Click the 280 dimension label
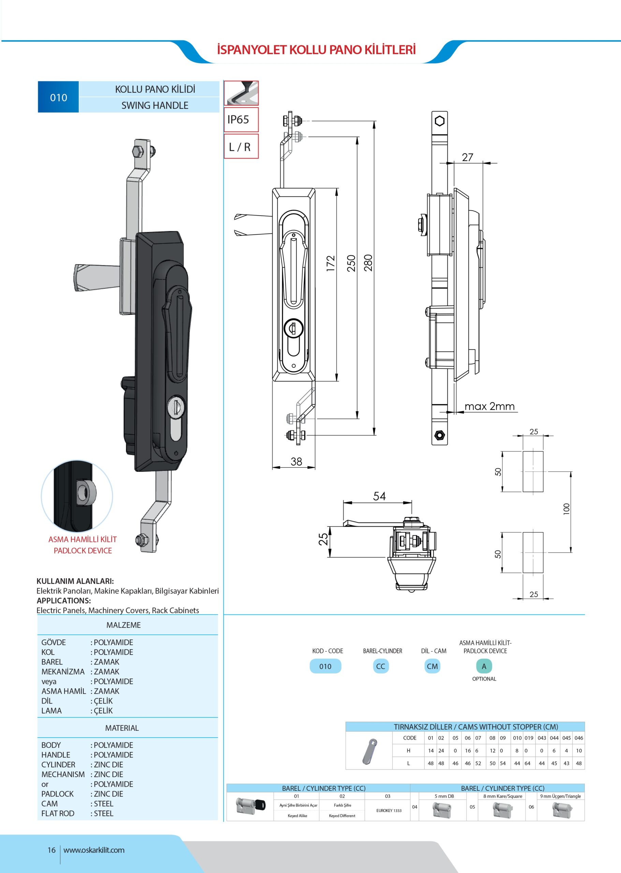(x=368, y=263)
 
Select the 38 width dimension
(x=296, y=461)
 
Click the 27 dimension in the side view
(x=467, y=157)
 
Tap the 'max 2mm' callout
(x=489, y=406)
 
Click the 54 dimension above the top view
(x=379, y=496)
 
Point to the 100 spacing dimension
(x=566, y=508)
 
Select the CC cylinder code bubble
(x=381, y=666)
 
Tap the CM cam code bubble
(x=432, y=666)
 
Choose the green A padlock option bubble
(x=484, y=666)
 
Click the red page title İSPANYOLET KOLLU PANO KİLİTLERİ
(x=316, y=50)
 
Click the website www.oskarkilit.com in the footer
(x=94, y=850)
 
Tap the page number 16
(x=51, y=850)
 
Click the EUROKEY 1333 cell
(x=388, y=810)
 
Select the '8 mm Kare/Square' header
(x=502, y=796)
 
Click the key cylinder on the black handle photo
(x=176, y=406)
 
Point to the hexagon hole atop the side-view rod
(x=440, y=121)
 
